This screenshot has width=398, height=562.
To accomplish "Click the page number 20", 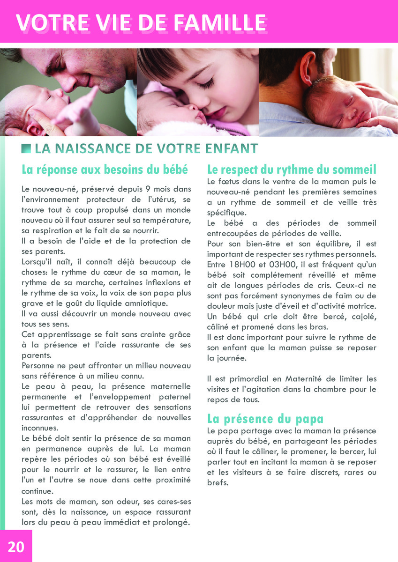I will (15, 547).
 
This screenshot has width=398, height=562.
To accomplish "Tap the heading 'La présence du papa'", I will (265, 418).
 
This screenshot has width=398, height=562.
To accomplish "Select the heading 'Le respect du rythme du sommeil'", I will (292, 169).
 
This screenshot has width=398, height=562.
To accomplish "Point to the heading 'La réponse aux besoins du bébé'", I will (105, 169).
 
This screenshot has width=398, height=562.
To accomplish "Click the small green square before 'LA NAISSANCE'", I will (26, 148).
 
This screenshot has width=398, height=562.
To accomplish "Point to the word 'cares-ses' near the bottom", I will (174, 501).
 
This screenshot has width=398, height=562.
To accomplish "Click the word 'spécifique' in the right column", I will (225, 212).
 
